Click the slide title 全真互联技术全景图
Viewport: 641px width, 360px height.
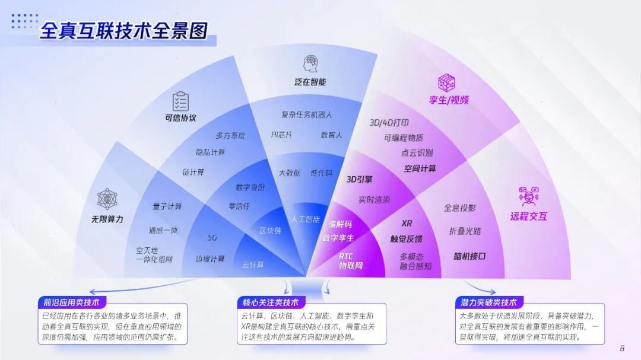point(123,31)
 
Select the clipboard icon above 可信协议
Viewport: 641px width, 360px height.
point(180,101)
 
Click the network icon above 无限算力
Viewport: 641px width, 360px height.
point(107,200)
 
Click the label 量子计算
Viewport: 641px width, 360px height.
point(167,206)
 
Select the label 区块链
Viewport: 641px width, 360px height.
point(270,230)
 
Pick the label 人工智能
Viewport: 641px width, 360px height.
point(305,219)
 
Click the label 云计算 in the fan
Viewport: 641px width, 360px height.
point(253,265)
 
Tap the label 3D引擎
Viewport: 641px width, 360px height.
point(360,179)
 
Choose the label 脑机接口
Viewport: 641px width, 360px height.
point(469,256)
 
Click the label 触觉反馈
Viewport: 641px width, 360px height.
point(407,238)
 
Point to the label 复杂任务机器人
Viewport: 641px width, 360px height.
point(306,114)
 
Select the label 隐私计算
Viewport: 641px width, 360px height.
point(211,152)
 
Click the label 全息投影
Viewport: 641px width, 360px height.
point(459,208)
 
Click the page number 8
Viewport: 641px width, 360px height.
point(622,348)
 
